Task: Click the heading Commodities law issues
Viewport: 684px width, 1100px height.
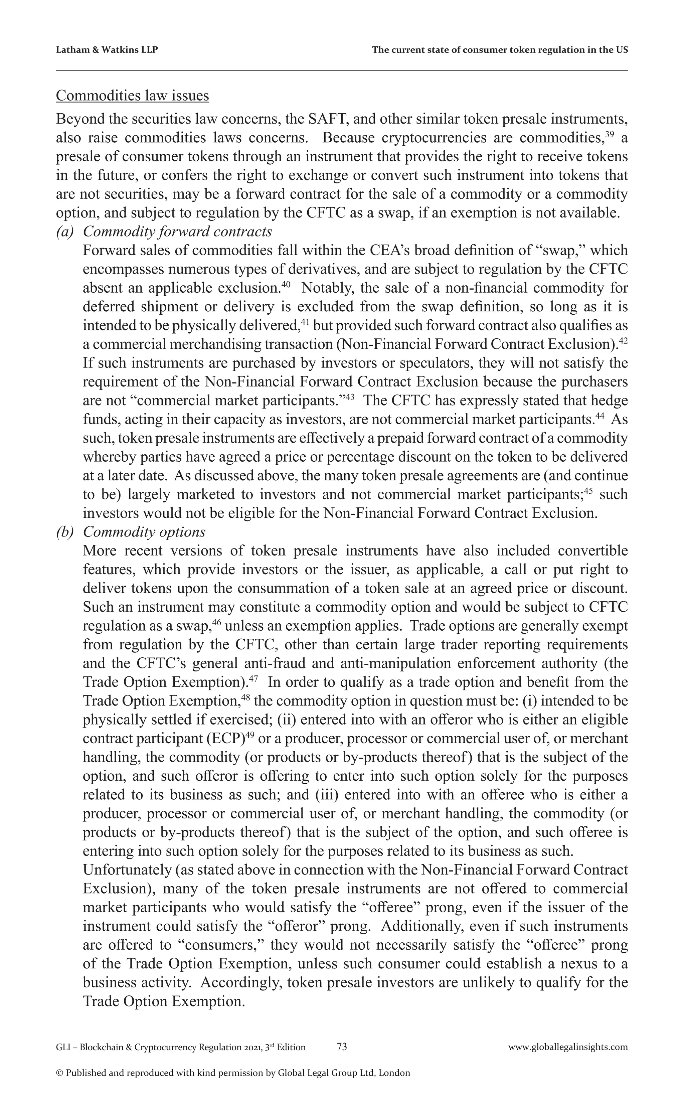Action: [132, 96]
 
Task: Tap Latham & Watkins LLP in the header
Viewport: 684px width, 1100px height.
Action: [107, 50]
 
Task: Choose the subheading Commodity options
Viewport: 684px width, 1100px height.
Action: [144, 532]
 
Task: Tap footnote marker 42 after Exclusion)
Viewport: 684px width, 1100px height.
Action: [623, 341]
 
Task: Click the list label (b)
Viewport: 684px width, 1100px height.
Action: [65, 532]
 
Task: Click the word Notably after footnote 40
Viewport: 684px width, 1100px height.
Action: [322, 288]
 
